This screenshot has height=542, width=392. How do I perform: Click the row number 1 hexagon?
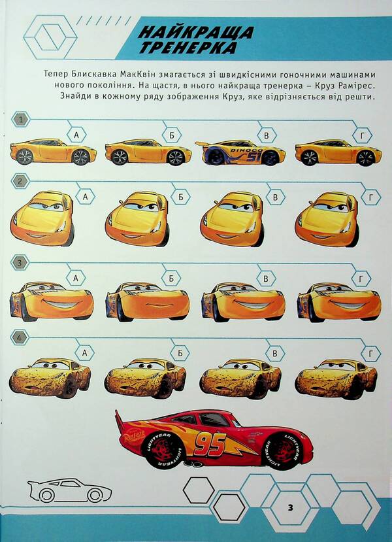coord(22,120)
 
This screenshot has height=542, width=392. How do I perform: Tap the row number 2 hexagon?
coord(22,181)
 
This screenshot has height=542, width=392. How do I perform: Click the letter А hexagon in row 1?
coord(77,135)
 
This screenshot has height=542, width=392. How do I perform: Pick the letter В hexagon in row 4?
coord(276,354)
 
